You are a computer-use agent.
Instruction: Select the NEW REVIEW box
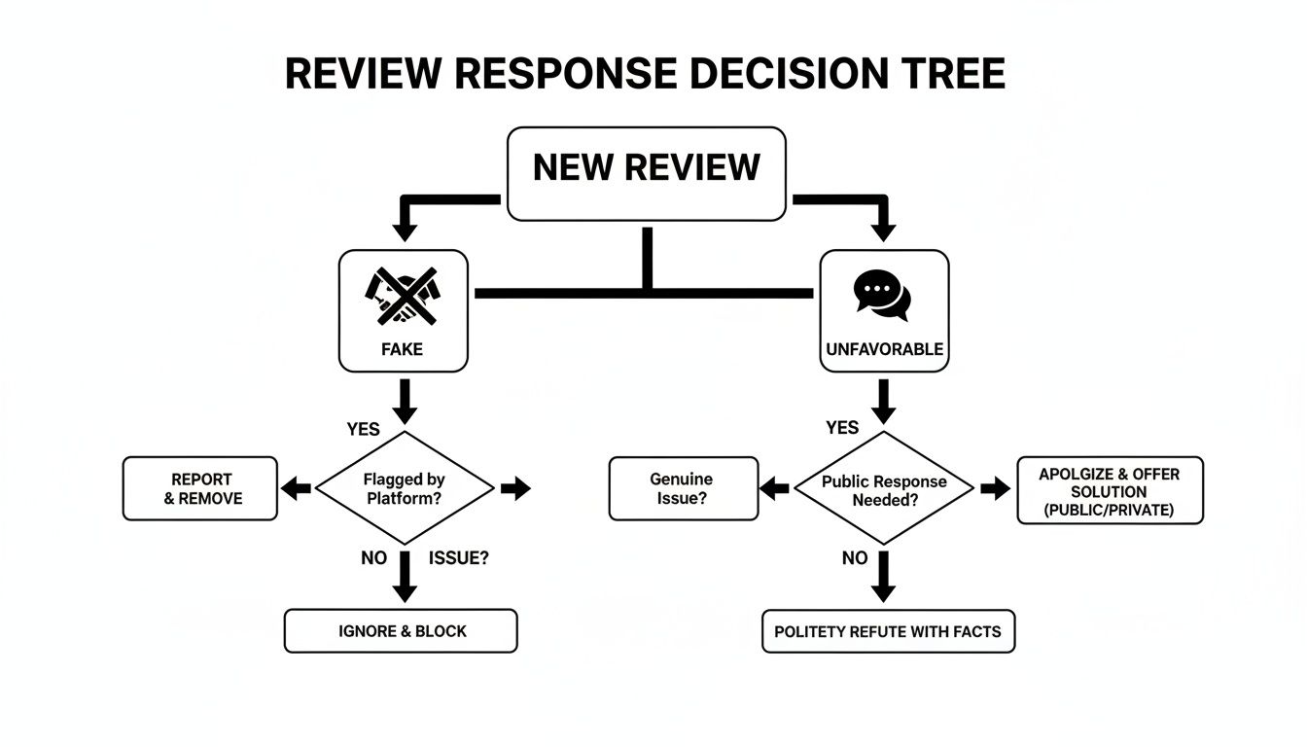646,173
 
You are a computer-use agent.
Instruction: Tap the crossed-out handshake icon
403,297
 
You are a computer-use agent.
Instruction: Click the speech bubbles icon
883,295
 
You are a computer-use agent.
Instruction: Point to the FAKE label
403,348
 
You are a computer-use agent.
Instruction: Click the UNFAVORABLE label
884,348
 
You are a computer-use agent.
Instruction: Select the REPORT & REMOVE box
200,488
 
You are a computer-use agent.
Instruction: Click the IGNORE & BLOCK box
401,631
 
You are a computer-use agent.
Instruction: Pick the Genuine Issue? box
683,488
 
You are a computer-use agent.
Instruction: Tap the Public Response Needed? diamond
883,489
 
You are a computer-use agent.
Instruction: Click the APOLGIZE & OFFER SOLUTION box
1110,490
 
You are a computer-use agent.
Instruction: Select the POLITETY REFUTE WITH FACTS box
888,631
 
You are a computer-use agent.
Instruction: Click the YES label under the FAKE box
364,429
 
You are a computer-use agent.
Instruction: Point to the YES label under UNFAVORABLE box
841,428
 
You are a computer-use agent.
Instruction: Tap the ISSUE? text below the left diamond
458,558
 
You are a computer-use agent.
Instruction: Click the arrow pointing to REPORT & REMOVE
296,488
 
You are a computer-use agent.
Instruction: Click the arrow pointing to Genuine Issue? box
774,488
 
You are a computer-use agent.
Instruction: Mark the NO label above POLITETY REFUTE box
855,558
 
